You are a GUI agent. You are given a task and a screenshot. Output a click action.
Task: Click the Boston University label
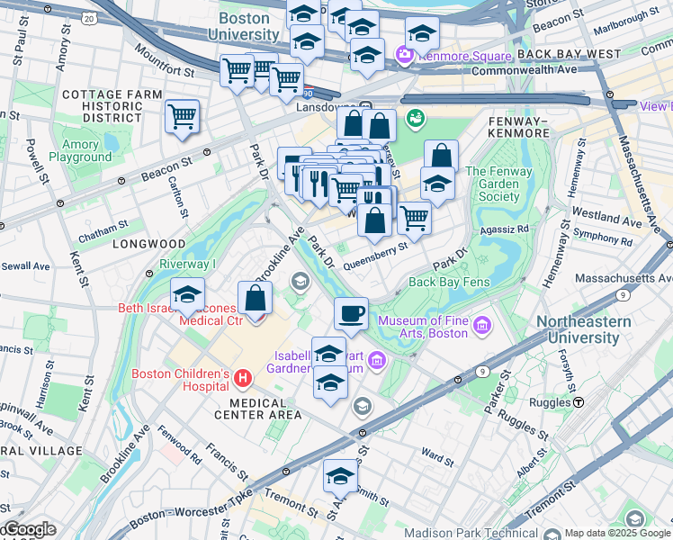(238, 26)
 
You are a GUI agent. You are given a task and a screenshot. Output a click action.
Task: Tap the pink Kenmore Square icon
(404, 56)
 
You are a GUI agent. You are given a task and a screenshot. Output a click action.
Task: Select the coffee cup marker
(351, 314)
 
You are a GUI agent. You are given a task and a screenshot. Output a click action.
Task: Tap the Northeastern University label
(590, 329)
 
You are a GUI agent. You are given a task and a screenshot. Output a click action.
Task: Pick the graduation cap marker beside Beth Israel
(187, 294)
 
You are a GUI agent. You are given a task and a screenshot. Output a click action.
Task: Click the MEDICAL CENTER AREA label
(258, 414)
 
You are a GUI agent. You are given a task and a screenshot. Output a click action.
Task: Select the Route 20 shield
(86, 18)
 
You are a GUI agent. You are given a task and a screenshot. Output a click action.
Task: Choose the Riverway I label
(188, 264)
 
